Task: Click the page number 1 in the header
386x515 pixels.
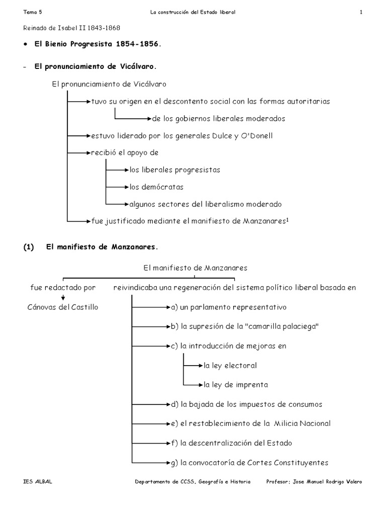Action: [361, 12]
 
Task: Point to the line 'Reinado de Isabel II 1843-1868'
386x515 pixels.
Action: [72, 28]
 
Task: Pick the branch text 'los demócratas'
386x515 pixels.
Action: [156, 187]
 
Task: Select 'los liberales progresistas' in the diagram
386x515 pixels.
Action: [174, 170]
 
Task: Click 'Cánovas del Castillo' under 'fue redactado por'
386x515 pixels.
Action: [63, 307]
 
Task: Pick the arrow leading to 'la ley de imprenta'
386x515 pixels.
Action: [193, 385]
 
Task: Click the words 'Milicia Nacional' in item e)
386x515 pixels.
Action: [302, 423]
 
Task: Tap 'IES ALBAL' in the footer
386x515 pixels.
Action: [38, 481]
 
